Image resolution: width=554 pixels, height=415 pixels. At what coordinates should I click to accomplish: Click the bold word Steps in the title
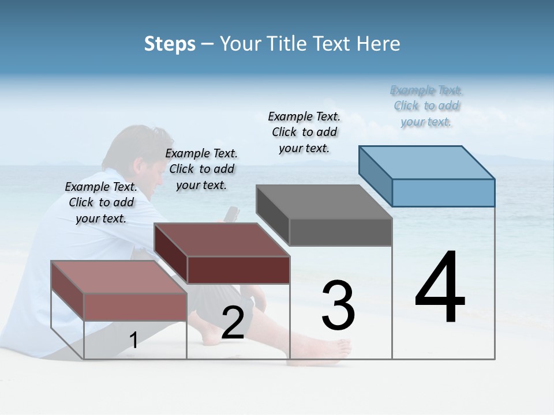pos(170,44)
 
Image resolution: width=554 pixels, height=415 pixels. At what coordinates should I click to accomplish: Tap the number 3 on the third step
pos(338,306)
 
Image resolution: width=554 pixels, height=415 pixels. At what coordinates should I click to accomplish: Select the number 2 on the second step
pos(233,323)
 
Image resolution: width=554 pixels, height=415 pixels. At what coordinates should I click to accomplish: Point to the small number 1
pos(133,341)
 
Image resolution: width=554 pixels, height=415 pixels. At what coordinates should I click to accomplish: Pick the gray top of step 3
pos(323,202)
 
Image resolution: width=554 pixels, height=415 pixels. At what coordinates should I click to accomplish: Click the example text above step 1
pos(101,202)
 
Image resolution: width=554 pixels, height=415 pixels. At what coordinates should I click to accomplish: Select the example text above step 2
pos(201,169)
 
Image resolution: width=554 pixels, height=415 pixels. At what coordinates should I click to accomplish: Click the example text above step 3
pos(304,132)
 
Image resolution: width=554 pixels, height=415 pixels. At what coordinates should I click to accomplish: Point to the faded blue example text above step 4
pos(426,105)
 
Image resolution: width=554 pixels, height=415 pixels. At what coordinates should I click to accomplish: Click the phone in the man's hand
pos(232,213)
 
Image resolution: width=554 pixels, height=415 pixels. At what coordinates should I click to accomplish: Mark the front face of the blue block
pos(443,193)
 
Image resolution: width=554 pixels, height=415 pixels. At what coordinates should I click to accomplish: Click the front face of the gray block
pos(340,232)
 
